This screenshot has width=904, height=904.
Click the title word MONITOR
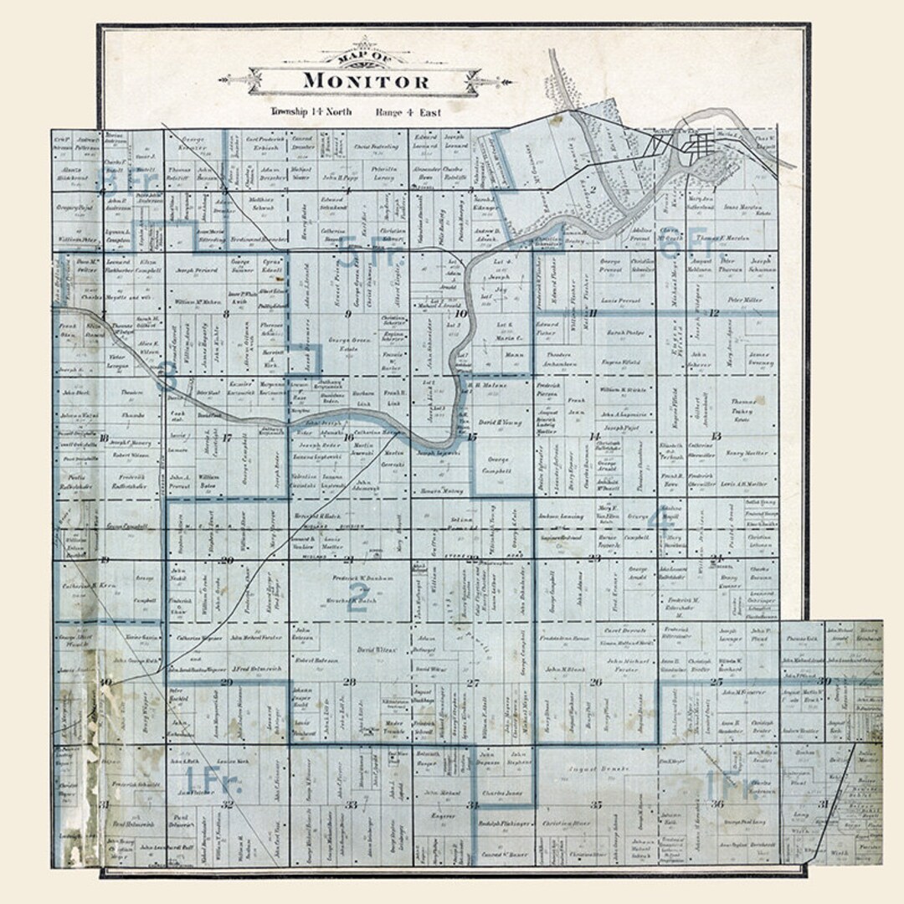(x=366, y=81)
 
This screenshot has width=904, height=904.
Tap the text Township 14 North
(x=311, y=111)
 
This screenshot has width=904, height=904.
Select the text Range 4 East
(x=410, y=111)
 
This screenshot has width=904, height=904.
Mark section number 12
(x=714, y=313)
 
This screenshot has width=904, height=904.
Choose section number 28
(x=350, y=682)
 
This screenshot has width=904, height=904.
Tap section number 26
(x=595, y=682)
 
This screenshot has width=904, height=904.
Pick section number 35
(x=595, y=804)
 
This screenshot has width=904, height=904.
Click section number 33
(x=352, y=805)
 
